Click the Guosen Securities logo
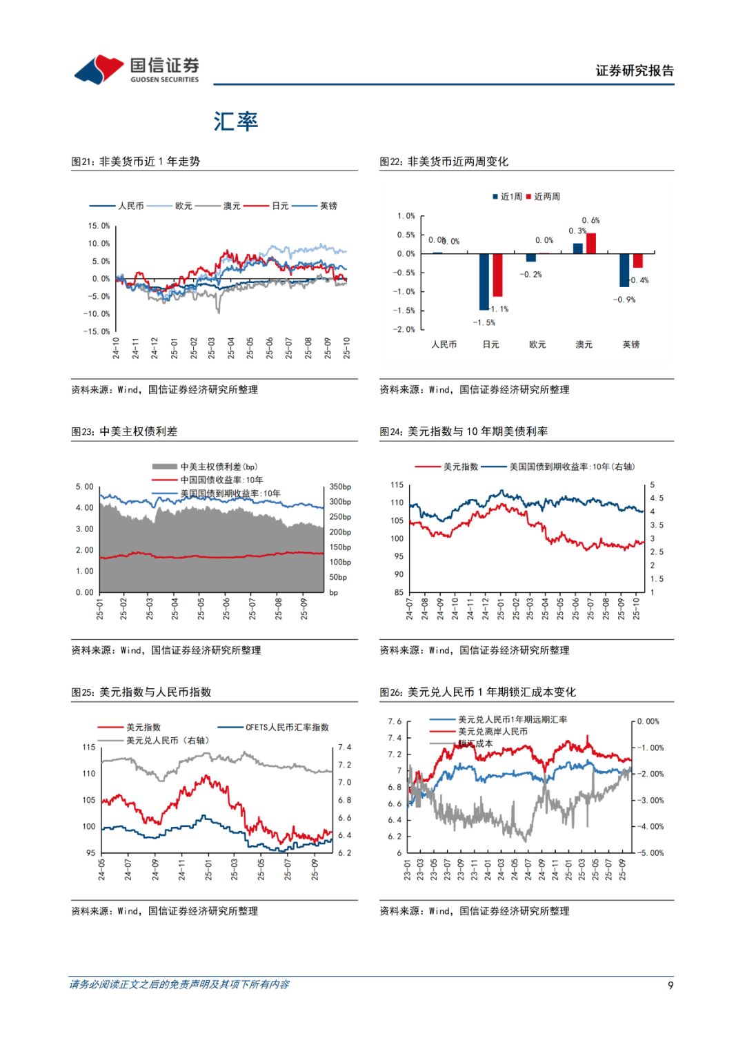click(137, 70)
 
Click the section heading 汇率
click(235, 121)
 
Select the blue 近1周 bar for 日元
click(484, 282)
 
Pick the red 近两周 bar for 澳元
click(591, 244)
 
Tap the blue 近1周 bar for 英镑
click(624, 270)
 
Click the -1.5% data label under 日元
click(484, 322)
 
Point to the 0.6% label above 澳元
click(590, 221)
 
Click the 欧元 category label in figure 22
click(537, 344)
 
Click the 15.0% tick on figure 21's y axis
click(99, 226)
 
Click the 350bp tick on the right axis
click(340, 487)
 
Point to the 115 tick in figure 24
click(397, 485)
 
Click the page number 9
click(670, 985)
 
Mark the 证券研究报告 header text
click(635, 70)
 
